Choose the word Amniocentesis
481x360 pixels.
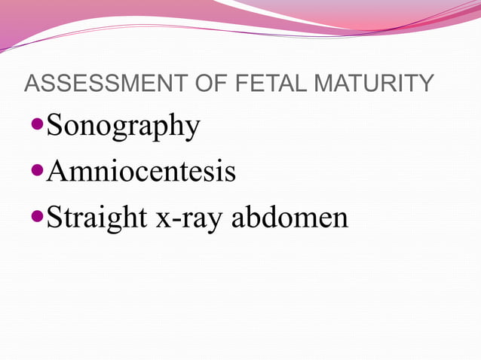point(141,172)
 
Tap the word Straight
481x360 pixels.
point(96,218)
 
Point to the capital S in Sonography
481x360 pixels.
point(56,125)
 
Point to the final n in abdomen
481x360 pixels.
point(339,219)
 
